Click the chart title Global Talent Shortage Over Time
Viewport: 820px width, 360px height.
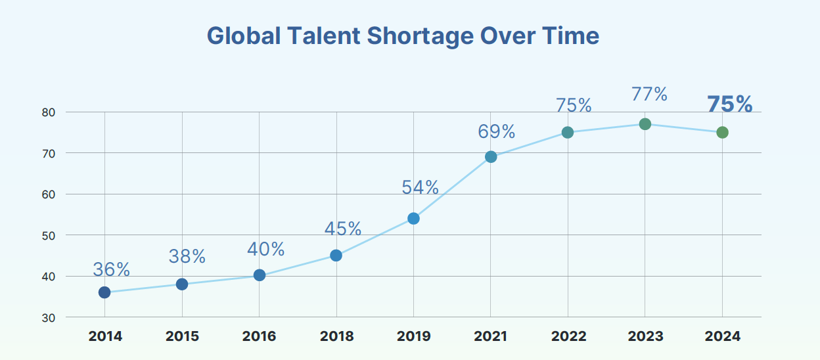coord(403,35)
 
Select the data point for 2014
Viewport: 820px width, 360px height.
coord(104,292)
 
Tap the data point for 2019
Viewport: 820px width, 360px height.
coord(413,218)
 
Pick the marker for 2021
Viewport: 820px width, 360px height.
coord(491,157)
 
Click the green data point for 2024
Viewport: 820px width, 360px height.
coord(722,133)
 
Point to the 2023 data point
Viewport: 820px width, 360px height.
coord(645,124)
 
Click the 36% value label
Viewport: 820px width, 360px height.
coord(111,269)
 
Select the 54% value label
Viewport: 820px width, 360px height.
coord(420,187)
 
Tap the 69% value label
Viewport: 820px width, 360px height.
coord(497,131)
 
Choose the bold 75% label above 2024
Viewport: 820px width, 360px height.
coord(729,104)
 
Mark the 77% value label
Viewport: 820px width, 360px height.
coord(649,95)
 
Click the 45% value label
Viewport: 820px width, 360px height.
coord(343,229)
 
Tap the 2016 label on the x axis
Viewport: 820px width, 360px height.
coord(259,336)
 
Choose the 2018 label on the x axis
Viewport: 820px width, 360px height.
coord(336,336)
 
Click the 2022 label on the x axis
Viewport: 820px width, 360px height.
coord(568,336)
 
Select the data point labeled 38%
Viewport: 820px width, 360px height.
coord(182,284)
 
